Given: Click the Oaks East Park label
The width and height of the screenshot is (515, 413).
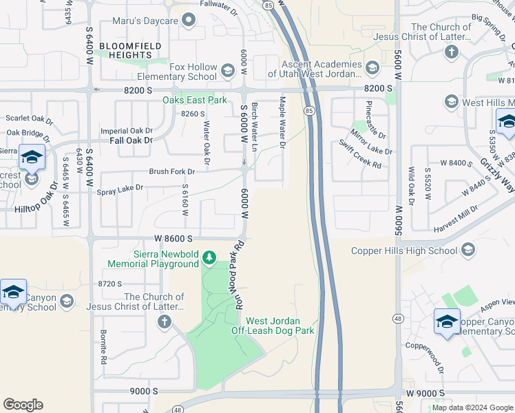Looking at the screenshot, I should tap(194, 100).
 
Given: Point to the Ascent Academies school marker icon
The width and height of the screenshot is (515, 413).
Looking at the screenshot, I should tap(372, 67).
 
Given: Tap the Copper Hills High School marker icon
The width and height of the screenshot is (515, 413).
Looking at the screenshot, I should tap(469, 250).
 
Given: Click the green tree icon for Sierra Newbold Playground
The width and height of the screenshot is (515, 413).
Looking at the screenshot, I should tap(209, 259).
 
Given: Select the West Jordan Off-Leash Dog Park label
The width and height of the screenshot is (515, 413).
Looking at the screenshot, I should tap(280, 326).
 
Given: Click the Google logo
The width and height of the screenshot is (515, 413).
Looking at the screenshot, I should tap(23, 404).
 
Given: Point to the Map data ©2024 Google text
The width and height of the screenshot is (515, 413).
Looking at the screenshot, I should tap(472, 407).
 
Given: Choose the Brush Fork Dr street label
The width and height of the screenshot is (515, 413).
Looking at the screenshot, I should tap(172, 171).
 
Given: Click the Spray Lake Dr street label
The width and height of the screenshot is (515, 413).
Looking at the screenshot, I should tap(120, 187).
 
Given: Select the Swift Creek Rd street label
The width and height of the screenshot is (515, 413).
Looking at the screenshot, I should tap(360, 154).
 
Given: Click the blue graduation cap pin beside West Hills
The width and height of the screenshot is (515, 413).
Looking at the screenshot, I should tap(506, 122).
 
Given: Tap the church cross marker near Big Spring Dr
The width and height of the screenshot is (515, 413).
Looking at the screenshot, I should tap(451, 52).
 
